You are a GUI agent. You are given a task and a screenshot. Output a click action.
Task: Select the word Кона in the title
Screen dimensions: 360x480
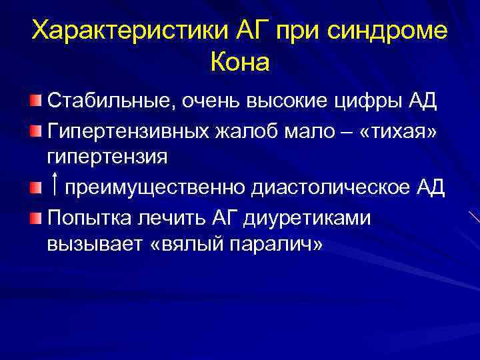click(x=240, y=63)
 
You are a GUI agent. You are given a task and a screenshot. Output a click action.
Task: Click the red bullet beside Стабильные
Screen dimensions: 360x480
click(x=35, y=102)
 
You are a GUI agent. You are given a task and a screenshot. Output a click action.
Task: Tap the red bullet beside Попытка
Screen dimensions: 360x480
click(x=35, y=216)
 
